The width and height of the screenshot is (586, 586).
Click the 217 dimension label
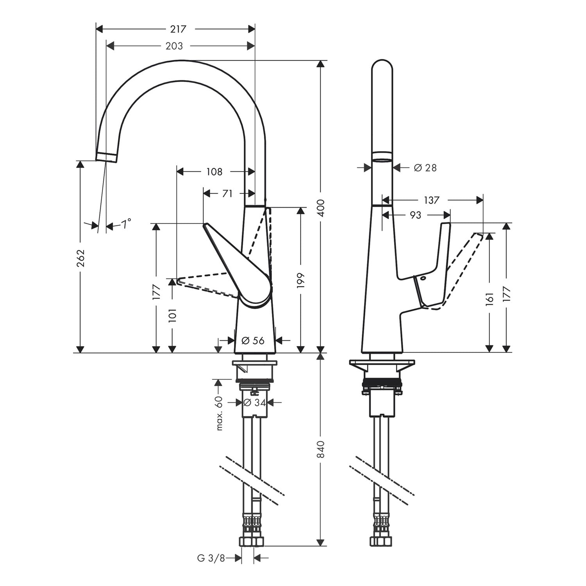click(178, 29)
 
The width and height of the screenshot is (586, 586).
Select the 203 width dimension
click(174, 46)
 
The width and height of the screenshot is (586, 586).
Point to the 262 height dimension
click(80, 258)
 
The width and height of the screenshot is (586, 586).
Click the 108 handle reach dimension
click(214, 172)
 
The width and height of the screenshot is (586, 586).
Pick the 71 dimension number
click(227, 193)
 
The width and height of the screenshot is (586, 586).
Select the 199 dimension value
click(300, 281)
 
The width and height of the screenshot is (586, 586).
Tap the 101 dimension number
click(173, 315)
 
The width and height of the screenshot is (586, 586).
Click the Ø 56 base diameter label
click(253, 341)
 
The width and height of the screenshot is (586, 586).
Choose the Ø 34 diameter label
click(254, 402)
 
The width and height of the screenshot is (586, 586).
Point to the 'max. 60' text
click(219, 413)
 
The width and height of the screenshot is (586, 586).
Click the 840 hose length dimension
click(321, 449)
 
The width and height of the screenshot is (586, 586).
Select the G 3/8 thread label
click(211, 558)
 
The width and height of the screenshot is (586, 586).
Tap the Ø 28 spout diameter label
click(425, 168)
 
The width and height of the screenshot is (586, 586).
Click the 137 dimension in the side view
click(432, 200)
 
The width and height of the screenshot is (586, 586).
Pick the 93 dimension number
click(416, 215)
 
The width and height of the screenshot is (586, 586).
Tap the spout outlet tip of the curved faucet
click(106, 157)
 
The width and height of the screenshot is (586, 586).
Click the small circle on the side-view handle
click(423, 279)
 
